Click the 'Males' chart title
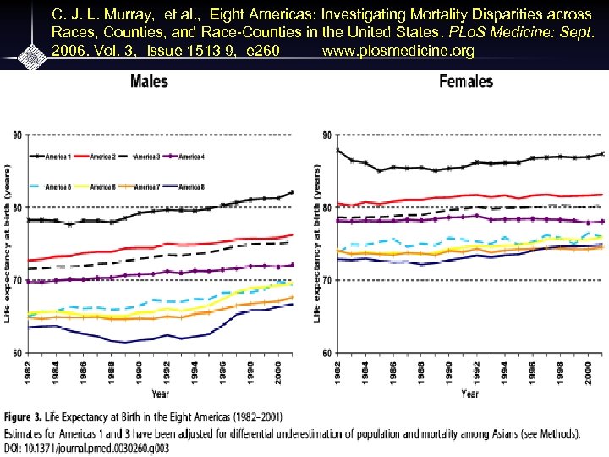[149, 82]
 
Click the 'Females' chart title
[466, 82]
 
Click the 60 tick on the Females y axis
[328, 353]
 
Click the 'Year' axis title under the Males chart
[160, 394]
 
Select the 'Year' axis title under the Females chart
[469, 394]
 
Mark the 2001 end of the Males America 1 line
[293, 191]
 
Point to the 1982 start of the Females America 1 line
[337, 150]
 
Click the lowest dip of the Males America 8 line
[125, 342]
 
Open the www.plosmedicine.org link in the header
[398, 52]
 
